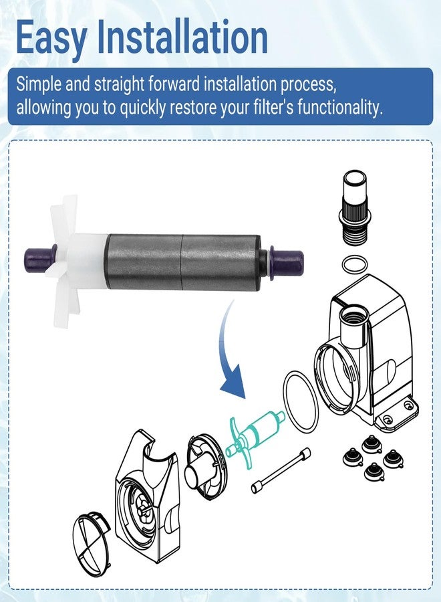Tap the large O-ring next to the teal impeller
301,401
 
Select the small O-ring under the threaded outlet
353,264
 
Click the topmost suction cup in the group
371,443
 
